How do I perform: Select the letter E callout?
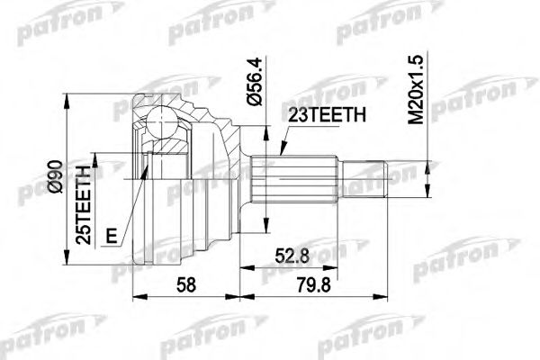pyautogui.click(x=111, y=237)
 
